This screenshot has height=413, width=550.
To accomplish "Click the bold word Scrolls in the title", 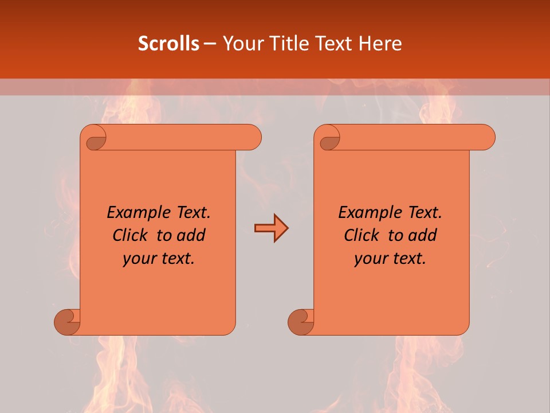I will click(x=168, y=44).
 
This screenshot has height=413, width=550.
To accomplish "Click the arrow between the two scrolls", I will click(x=271, y=228).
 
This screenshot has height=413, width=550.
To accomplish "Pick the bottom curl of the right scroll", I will click(x=301, y=321).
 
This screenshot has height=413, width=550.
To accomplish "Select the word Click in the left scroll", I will click(x=131, y=236).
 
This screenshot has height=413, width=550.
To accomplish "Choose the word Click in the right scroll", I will click(x=362, y=236).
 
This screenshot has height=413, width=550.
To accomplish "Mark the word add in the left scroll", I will click(x=192, y=236).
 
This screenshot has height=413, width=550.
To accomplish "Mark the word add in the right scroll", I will click(x=423, y=236).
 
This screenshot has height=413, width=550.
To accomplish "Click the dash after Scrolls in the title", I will click(x=210, y=44).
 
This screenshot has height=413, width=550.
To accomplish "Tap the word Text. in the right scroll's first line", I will click(x=425, y=213).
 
